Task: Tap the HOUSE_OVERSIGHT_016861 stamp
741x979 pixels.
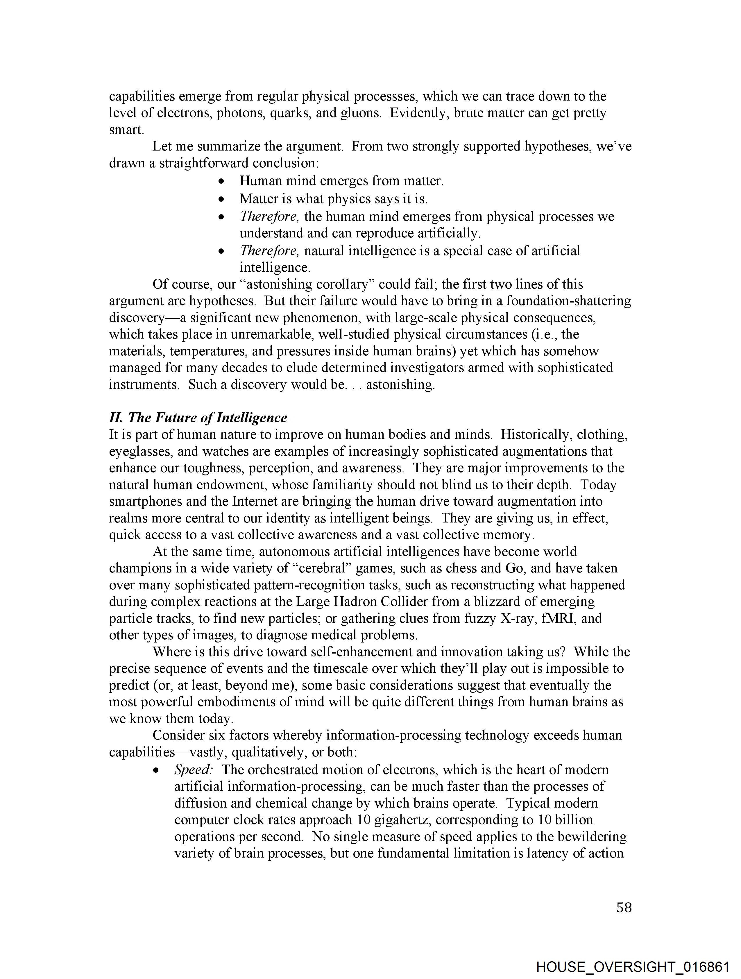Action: [x=632, y=967]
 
